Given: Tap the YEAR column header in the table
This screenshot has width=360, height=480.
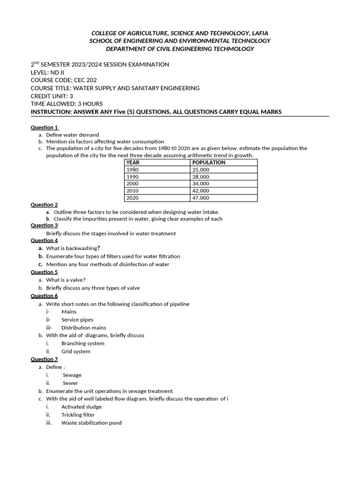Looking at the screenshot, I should click(133, 163).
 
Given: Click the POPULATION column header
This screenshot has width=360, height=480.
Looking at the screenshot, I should click(209, 163).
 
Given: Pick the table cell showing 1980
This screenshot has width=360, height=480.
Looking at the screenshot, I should click(133, 170).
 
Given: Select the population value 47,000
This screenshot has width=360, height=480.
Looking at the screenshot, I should click(201, 198).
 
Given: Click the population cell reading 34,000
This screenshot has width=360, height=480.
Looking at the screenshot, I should click(201, 184).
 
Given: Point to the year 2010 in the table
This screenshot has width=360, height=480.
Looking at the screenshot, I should click(133, 191).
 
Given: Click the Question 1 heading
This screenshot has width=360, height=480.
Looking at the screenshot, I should click(45, 127).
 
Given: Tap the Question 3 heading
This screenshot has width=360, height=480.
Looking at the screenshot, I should click(45, 225).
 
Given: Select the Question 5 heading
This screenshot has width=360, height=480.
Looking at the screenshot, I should click(45, 272).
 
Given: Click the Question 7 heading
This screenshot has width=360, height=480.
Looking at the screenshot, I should click(45, 360).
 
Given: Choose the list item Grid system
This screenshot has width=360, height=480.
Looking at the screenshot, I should click(76, 352).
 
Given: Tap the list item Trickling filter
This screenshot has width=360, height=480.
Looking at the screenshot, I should click(78, 415).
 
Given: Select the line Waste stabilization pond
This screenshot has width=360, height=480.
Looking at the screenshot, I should click(91, 423).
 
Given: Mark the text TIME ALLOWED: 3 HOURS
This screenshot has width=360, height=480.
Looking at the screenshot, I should click(67, 104).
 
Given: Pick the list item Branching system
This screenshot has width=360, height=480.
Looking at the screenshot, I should click(83, 344).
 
